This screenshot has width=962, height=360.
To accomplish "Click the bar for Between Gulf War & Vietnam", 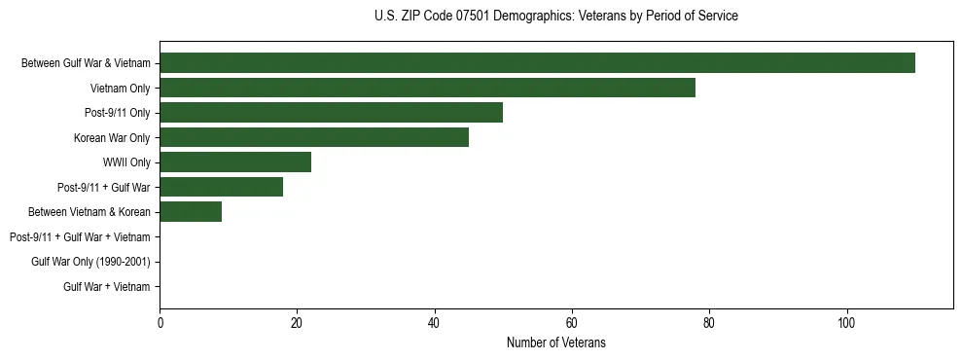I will (537, 63).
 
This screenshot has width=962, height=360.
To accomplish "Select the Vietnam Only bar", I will (427, 88).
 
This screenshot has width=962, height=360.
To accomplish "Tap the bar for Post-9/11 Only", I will (331, 113).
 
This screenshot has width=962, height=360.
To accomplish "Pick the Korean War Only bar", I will (314, 137).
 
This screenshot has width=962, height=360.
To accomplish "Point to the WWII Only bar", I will (235, 162).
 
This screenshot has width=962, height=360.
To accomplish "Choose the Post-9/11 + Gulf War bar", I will (221, 187).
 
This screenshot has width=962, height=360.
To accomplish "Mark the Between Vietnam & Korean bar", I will (191, 212).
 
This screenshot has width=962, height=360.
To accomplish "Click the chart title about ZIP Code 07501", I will (555, 17).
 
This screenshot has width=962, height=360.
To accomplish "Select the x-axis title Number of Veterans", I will (555, 343).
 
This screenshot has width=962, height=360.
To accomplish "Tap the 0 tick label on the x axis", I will (160, 323).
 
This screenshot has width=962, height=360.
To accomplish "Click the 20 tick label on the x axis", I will (297, 323).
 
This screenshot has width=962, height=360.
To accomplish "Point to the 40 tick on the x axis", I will (435, 323).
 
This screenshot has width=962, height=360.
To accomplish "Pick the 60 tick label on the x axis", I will (572, 323).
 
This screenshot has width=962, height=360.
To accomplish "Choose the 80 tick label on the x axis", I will (709, 323).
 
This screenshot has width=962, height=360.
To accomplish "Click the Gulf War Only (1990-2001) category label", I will (90, 262).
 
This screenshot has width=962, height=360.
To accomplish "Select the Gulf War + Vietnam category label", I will (107, 287).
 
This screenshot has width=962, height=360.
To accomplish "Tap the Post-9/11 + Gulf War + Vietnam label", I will (80, 237).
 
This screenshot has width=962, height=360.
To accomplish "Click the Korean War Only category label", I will (112, 138).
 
